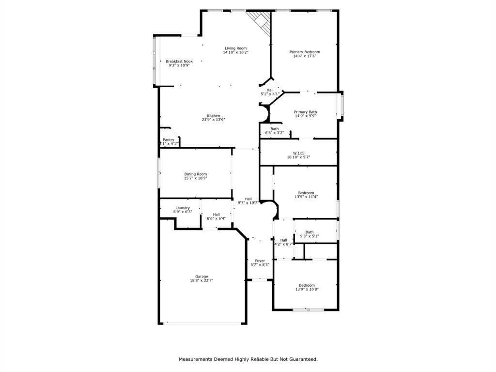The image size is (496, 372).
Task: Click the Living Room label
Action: point(236,48)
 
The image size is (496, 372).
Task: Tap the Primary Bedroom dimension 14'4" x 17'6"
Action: point(305,56)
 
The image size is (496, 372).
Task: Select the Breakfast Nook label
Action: point(179,62)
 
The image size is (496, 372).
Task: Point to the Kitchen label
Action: point(214,116)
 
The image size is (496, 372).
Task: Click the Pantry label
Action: point(168,140)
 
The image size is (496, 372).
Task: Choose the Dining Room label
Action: point(196,174)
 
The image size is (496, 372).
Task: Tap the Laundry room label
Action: point(183,208)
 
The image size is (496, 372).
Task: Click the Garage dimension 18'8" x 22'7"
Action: point(201,280)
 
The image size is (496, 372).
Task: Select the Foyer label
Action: point(260,261)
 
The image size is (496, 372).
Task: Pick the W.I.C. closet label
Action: point(298,153)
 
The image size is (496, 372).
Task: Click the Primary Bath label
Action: point(306,112)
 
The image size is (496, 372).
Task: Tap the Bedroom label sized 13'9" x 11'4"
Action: point(306,193)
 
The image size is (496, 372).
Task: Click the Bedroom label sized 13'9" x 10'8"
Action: point(307,285)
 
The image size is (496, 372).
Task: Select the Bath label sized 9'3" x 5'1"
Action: point(310,232)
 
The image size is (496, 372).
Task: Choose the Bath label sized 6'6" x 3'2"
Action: point(275,129)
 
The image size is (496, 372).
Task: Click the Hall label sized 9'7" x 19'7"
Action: point(248,199)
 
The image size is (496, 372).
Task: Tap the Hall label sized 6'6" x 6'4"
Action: point(217,215)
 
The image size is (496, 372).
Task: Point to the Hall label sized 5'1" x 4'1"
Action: point(270,90)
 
